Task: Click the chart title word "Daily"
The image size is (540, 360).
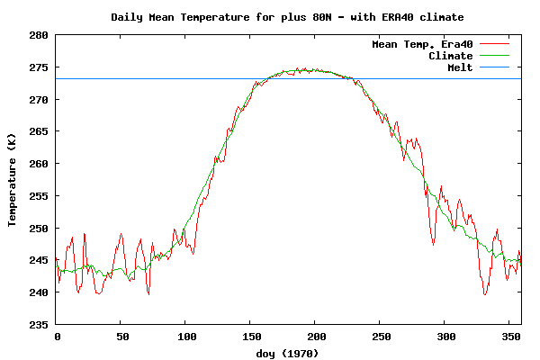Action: (129, 17)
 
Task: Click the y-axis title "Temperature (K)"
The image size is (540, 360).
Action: (13, 179)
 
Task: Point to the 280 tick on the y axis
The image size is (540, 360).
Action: (39, 35)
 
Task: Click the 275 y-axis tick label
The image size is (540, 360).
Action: (39, 67)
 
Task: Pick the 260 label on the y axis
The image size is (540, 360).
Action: (39, 164)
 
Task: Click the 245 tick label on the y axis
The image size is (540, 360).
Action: (39, 260)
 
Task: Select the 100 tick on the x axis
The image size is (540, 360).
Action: (185, 336)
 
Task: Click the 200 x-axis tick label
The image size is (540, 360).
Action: (315, 336)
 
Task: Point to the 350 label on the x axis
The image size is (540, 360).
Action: (509, 336)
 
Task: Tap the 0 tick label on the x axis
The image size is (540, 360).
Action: (57, 336)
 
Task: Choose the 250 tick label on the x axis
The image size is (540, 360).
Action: (380, 336)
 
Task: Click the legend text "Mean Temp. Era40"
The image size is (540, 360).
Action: (422, 44)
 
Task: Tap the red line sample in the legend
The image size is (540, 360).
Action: (494, 44)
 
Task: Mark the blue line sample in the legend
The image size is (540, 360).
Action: (494, 67)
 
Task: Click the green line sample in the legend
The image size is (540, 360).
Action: (494, 56)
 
